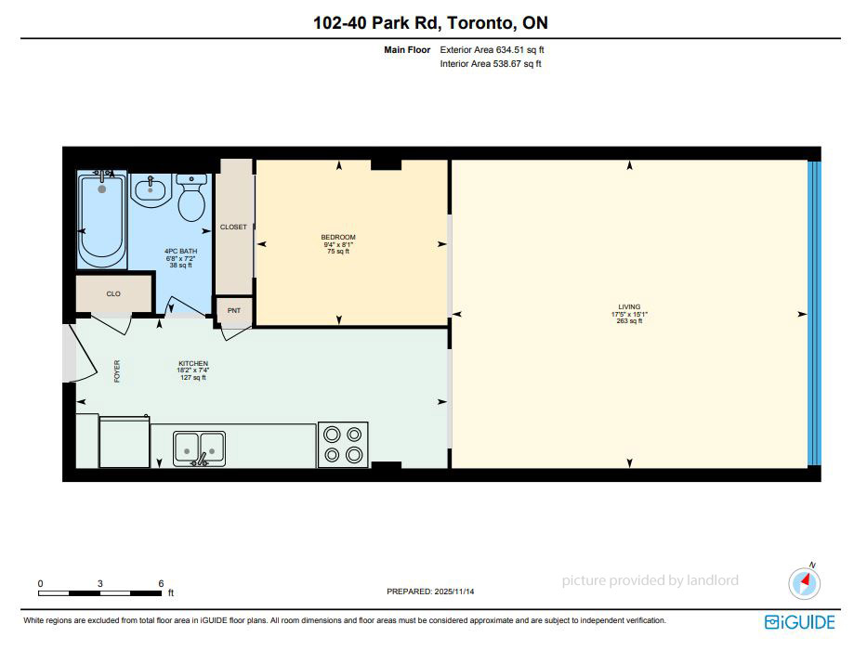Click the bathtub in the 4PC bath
101,220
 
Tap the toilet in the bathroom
191,197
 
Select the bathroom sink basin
151,190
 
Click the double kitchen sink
199,448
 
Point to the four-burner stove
343,445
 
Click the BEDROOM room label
338,237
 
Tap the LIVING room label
629,306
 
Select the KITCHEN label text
193,364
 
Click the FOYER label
117,370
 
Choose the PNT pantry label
234,311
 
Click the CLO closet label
113,294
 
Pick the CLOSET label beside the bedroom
233,227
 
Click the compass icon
805,583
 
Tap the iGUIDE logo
799,622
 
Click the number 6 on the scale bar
161,584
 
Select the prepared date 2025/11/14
454,591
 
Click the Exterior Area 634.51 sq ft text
492,50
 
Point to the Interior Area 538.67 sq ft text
491,64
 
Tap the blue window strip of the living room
814,314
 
